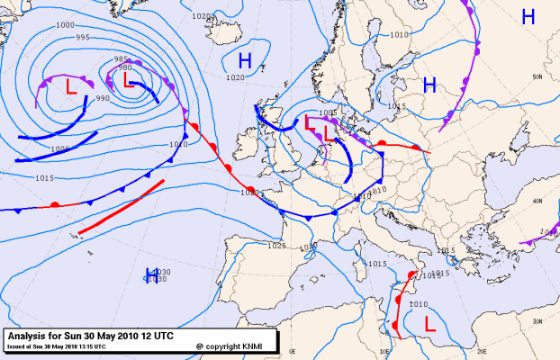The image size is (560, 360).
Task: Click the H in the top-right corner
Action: coord(528,16)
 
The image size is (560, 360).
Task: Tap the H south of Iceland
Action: coord(244,60)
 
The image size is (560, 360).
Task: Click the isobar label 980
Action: coord(125,67)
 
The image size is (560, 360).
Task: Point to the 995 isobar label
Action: coord(82,37)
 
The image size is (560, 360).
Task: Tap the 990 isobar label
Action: coord(102,98)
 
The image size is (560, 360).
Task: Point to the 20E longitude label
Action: coord(482,352)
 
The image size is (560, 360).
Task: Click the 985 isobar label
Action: coord(122,58)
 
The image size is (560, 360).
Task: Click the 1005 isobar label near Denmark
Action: coord(327,113)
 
